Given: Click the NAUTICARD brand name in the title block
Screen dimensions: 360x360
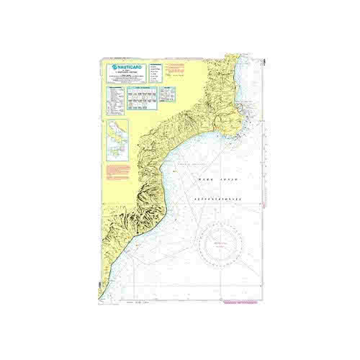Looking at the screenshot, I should [x=132, y=64].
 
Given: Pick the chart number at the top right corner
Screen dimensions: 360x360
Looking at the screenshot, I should [x=264, y=59].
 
